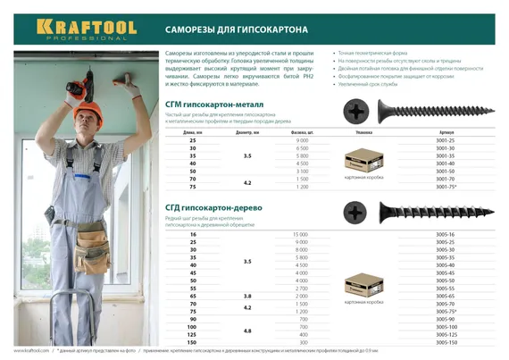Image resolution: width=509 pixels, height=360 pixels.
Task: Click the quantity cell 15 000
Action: (x=301, y=234)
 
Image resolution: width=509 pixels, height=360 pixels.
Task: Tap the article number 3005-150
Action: (x=445, y=342)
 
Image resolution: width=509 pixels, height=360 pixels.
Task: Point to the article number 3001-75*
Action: (x=445, y=186)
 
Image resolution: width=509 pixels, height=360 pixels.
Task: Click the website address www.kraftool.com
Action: (x=31, y=351)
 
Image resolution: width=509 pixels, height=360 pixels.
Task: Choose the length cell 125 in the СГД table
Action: (x=192, y=335)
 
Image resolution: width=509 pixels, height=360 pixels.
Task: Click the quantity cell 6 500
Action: (x=301, y=149)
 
